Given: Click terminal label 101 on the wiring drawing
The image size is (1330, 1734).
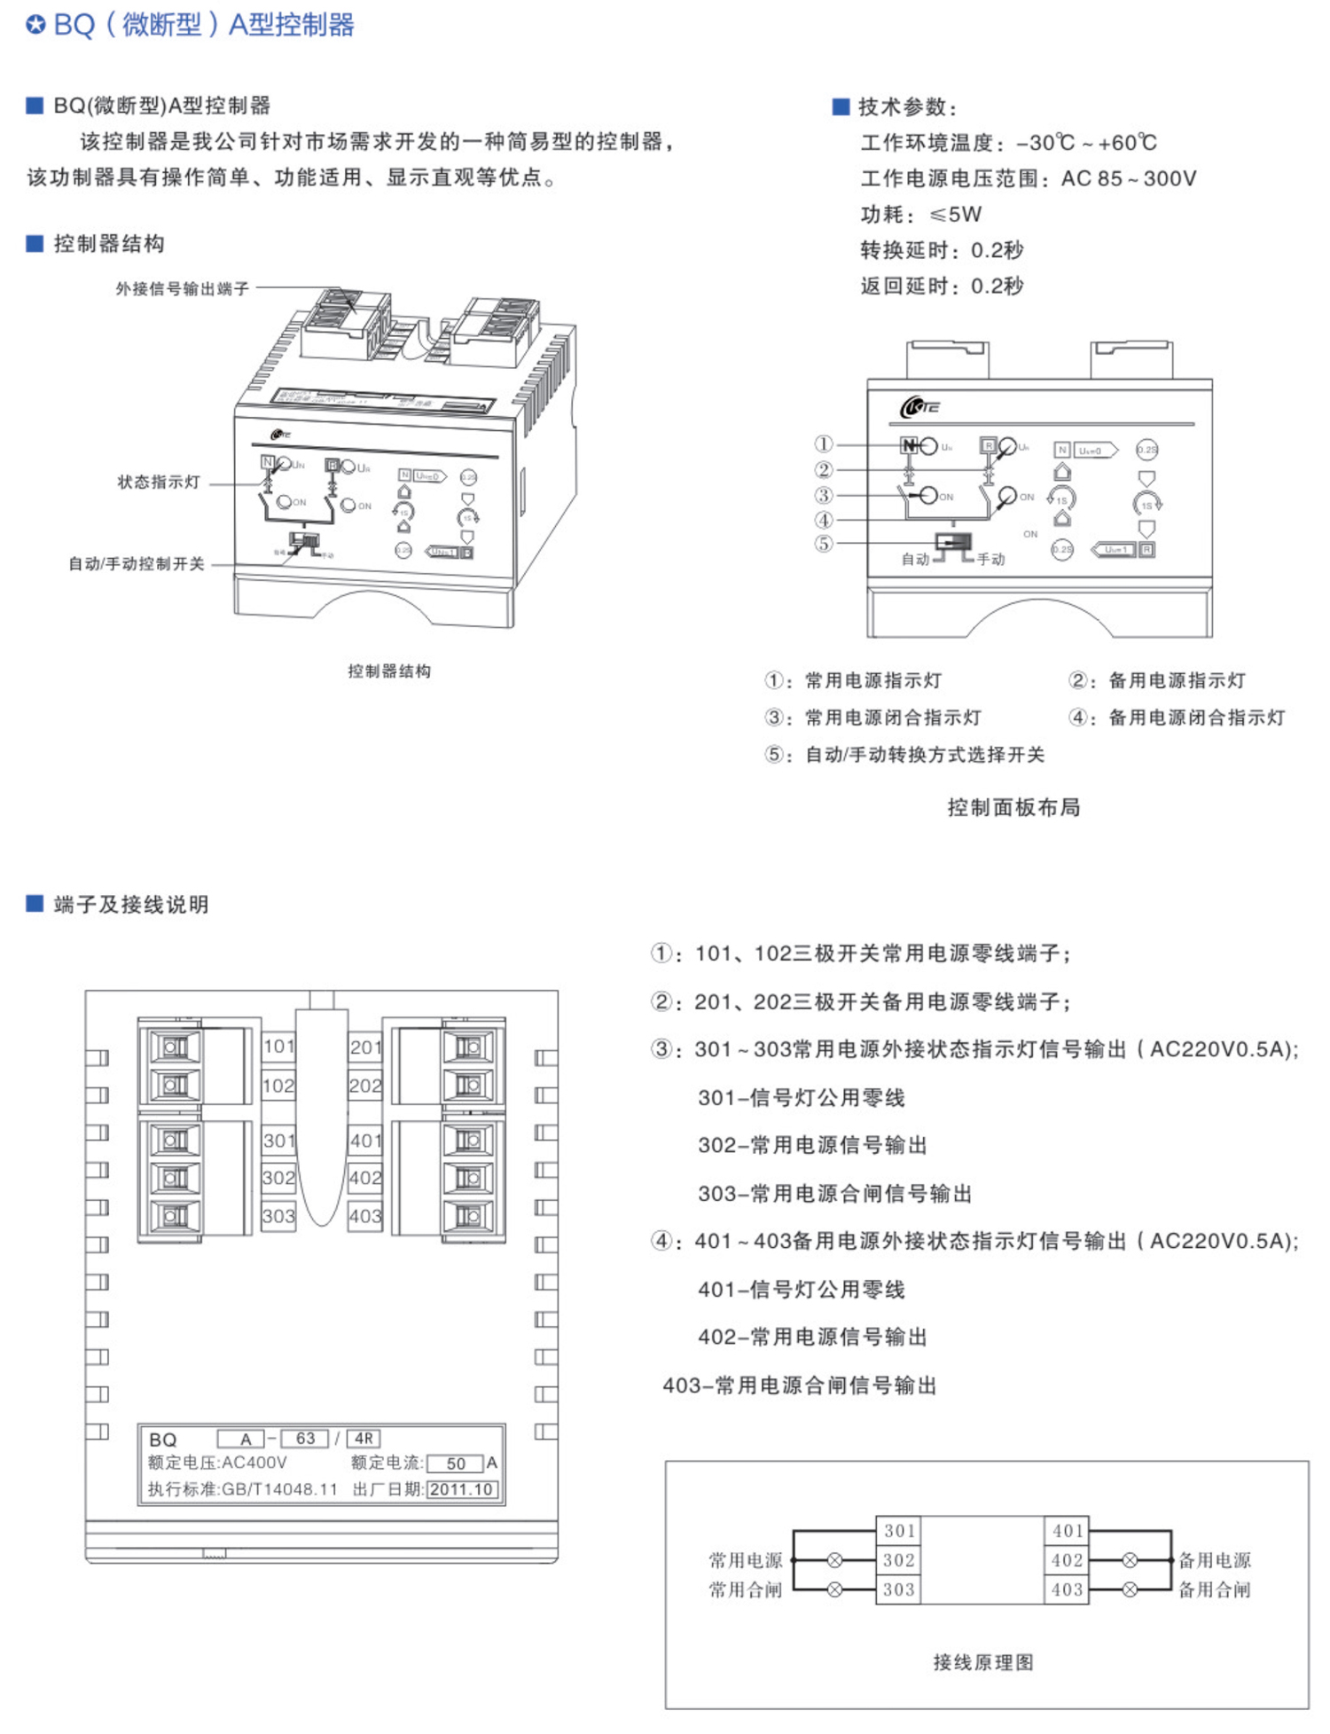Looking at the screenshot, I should pyautogui.click(x=278, y=1047).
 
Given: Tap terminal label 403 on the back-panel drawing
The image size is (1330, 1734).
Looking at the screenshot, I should pyautogui.click(x=365, y=1216).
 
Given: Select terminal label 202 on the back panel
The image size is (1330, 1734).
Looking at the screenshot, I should pyautogui.click(x=365, y=1086).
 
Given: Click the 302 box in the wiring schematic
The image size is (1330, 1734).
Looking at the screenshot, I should pyautogui.click(x=898, y=1560).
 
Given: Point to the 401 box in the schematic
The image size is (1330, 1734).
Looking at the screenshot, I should pyautogui.click(x=1068, y=1531).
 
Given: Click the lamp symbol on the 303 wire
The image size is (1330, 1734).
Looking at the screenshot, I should pyautogui.click(x=834, y=1590).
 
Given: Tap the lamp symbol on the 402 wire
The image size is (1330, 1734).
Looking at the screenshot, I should pyautogui.click(x=1130, y=1560).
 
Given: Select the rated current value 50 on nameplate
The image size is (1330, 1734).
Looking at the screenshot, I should pyautogui.click(x=456, y=1463).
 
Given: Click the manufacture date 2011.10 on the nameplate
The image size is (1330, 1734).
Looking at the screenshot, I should pyautogui.click(x=461, y=1489).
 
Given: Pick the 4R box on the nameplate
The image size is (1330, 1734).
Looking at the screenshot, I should pyautogui.click(x=364, y=1439).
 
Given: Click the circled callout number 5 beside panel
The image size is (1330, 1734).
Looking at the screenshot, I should pyautogui.click(x=824, y=544).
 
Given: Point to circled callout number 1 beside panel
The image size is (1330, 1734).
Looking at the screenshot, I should pyautogui.click(x=824, y=444).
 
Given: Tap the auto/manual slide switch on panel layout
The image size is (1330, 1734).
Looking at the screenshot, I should pyautogui.click(x=953, y=544).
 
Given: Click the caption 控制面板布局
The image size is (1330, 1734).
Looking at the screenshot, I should pyautogui.click(x=1013, y=807).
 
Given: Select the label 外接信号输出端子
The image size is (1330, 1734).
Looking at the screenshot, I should pyautogui.click(x=183, y=289).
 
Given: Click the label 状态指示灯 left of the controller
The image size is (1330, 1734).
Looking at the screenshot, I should pyautogui.click(x=160, y=483).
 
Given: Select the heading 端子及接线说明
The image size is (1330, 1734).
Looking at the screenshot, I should pyautogui.click(x=131, y=905).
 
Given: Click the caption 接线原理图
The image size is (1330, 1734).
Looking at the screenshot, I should pyautogui.click(x=983, y=1662).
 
